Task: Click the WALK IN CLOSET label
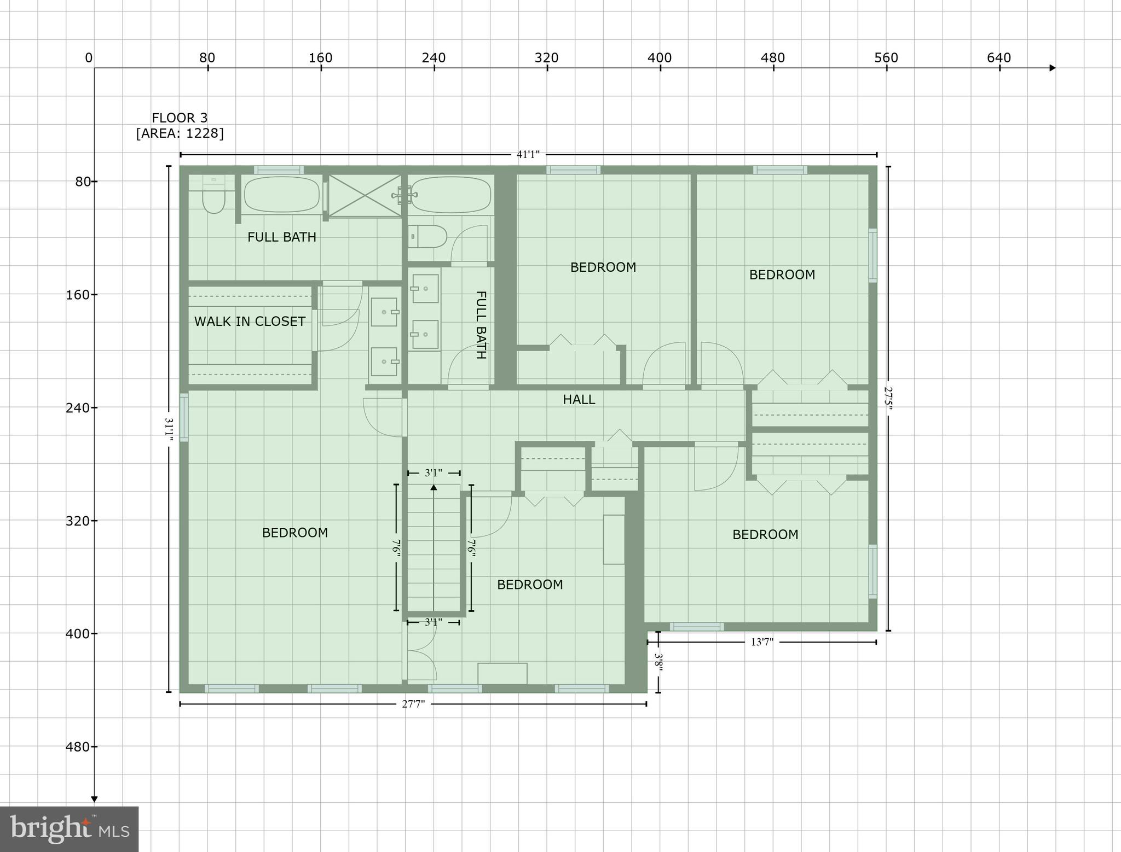click(250, 322)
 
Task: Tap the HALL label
click(579, 400)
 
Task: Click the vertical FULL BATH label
click(481, 325)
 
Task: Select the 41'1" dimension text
click(528, 155)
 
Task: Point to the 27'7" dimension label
click(413, 704)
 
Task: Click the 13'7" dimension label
click(761, 643)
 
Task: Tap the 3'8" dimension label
click(659, 662)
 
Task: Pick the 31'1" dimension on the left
click(169, 429)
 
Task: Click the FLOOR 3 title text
click(180, 118)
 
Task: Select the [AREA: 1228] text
click(180, 133)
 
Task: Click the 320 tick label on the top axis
click(546, 58)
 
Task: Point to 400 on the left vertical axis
click(78, 634)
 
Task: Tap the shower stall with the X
click(365, 195)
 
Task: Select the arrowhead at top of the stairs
click(434, 487)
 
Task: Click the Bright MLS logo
click(69, 829)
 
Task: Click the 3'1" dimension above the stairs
click(434, 473)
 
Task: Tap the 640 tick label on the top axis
click(999, 58)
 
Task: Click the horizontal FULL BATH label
click(282, 237)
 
